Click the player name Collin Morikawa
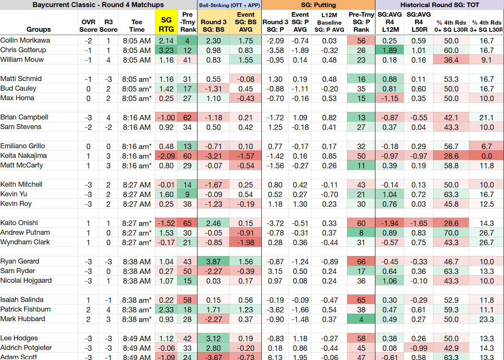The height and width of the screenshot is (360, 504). tap(25, 41)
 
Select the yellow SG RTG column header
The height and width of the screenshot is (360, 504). tap(166, 25)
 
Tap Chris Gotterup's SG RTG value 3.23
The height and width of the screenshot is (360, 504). tap(166, 51)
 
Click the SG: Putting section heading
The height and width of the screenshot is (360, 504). tap(318, 5)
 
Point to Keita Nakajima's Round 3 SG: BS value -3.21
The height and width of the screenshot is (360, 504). tap(213, 156)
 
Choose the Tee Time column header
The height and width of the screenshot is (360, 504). tap(137, 25)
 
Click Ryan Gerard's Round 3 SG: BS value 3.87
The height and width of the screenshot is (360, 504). tap(213, 262)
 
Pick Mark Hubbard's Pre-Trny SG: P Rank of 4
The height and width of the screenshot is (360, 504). tap(361, 319)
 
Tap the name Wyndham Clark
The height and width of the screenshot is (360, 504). tap(25, 242)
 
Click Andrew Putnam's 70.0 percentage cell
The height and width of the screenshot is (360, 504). tap(451, 233)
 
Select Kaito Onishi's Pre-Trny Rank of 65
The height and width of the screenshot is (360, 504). tap(187, 223)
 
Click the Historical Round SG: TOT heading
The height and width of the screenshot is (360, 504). tap(440, 5)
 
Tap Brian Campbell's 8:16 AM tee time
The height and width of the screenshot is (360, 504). tap(137, 118)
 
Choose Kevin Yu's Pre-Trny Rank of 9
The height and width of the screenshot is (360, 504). tap(187, 194)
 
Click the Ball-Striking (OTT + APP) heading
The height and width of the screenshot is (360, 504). tap(230, 5)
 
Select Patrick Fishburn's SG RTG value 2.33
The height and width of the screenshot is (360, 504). tap(166, 309)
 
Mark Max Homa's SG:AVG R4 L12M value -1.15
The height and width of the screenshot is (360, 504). tap(390, 99)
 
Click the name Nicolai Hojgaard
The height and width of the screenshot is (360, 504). tap(26, 281)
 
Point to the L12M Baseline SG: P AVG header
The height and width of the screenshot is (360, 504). tap(329, 22)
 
